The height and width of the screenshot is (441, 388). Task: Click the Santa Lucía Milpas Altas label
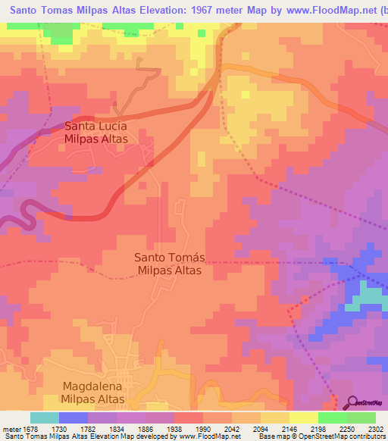point(95,133)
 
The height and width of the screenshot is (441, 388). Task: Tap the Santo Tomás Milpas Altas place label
point(168,263)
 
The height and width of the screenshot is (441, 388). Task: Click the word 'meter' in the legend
point(11,428)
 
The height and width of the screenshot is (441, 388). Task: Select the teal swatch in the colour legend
point(45,418)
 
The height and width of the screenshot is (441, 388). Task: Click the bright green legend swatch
point(332,418)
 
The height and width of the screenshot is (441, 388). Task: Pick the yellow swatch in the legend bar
point(303,418)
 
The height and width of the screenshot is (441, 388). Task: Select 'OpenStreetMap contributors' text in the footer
point(340,436)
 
